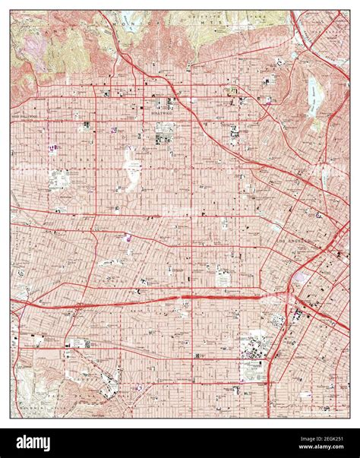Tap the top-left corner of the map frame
pos(11,10)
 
